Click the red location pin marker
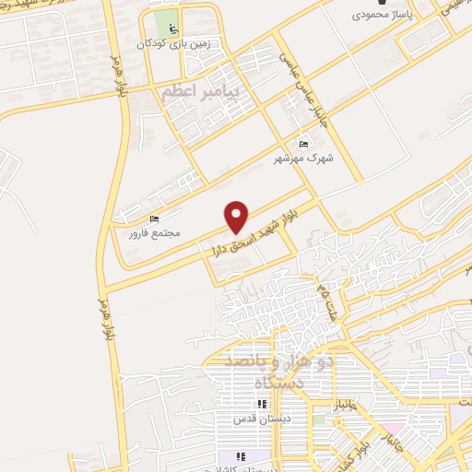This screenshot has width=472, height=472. click(x=237, y=216)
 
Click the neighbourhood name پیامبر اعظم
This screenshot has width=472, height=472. click(x=199, y=93)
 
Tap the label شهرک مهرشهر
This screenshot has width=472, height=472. click(x=303, y=158)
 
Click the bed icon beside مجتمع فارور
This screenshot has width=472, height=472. click(x=154, y=218)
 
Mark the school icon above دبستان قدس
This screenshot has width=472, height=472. click(x=263, y=404)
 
